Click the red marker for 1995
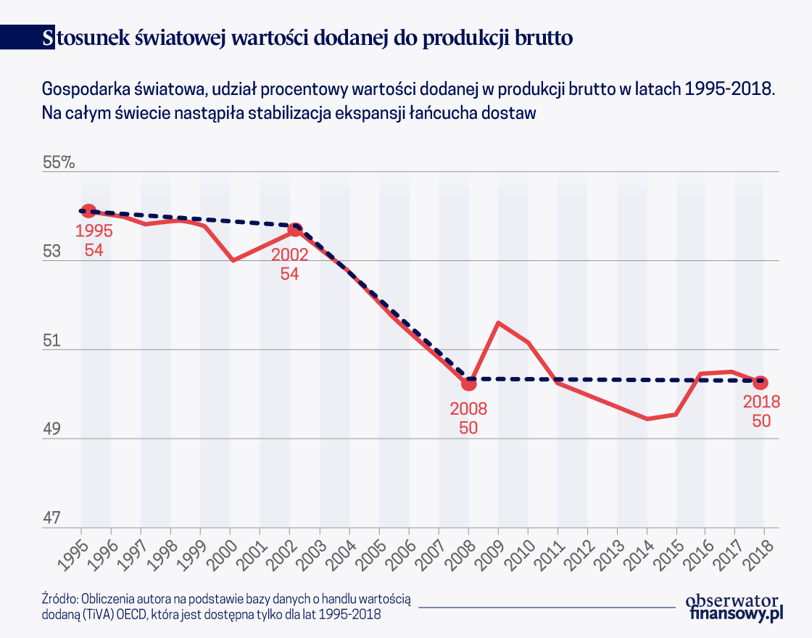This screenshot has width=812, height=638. tap(88, 211)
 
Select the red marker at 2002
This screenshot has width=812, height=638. tap(295, 230)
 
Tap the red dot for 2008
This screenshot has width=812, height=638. tap(469, 382)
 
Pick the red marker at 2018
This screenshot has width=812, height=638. tap(761, 382)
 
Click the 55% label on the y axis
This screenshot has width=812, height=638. tap(59, 162)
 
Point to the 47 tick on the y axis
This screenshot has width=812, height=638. tap(53, 519)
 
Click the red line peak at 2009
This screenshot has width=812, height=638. tap(499, 322)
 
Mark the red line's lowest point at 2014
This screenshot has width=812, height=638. tap(647, 419)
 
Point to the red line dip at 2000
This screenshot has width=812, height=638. tap(232, 260)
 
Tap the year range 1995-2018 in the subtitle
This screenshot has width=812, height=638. tap(729, 89)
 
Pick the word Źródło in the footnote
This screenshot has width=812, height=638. tap(59, 599)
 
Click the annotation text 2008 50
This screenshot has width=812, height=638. tap(468, 418)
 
